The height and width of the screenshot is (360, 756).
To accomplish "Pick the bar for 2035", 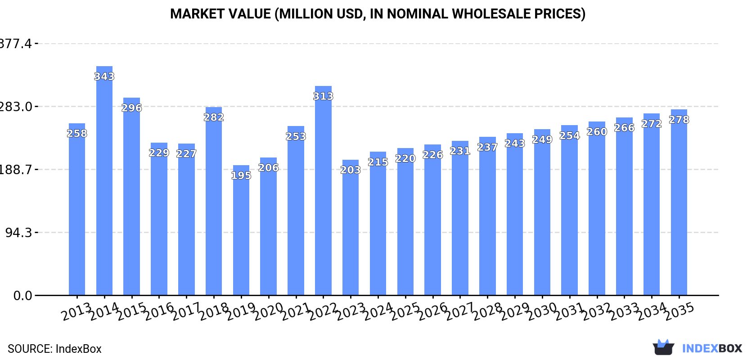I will [x=679, y=202].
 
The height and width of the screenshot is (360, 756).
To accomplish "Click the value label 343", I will [x=104, y=76].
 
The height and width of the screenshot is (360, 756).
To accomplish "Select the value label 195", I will [x=241, y=175].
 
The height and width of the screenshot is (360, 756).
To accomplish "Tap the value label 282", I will [x=214, y=117].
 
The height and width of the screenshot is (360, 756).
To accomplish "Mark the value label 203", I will [x=351, y=170].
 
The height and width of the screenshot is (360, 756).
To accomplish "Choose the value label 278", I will [x=679, y=120].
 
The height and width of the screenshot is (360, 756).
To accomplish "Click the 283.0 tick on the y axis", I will [x=16, y=107].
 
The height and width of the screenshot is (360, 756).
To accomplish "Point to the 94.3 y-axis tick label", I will [x=19, y=233].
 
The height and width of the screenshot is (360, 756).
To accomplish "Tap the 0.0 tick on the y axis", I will [x=22, y=296].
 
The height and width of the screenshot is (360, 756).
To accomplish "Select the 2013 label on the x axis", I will [x=76, y=312].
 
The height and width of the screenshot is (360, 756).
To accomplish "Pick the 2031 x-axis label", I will [x=570, y=312].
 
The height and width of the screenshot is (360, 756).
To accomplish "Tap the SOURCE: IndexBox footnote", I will [x=54, y=349].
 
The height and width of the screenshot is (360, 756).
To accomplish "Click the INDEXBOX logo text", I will [x=712, y=348].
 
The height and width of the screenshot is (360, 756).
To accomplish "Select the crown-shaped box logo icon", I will [x=663, y=347].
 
